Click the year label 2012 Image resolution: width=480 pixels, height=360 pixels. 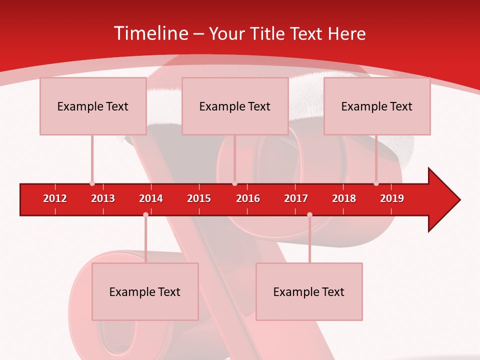[x=55, y=198]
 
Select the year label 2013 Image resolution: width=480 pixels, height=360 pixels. [x=103, y=198]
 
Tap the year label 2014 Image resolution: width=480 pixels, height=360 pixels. [x=151, y=198]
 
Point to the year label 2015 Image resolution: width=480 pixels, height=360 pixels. [x=199, y=198]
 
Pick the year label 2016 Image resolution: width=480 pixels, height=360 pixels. [x=248, y=198]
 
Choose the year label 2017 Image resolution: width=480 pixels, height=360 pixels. [x=296, y=198]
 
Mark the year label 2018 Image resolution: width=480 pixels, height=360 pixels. [x=344, y=198]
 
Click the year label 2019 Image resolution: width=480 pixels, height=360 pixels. [x=392, y=198]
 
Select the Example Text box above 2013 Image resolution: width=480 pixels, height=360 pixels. [x=93, y=106]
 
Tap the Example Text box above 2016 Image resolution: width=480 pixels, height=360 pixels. [x=235, y=106]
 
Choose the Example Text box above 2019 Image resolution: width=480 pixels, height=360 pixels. [x=377, y=106]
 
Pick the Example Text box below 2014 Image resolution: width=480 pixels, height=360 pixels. [x=145, y=291]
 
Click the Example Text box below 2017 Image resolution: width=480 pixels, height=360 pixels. [x=309, y=291]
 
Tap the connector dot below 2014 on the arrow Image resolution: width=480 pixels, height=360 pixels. [x=145, y=215]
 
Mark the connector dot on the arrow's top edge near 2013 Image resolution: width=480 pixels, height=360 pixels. [x=92, y=183]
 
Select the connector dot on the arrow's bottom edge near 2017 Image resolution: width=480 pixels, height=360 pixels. [x=309, y=215]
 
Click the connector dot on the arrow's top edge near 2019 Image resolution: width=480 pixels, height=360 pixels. [x=376, y=183]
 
